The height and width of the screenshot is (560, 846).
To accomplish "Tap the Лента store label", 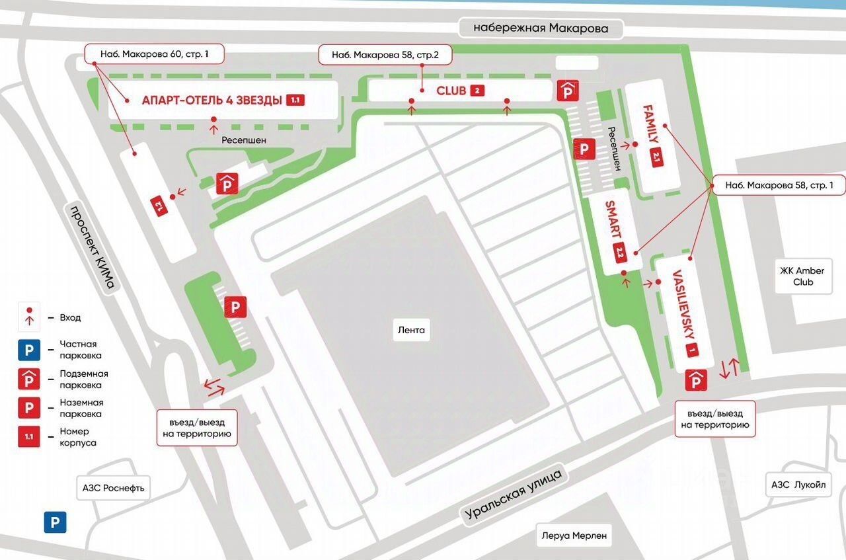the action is coord(411,329).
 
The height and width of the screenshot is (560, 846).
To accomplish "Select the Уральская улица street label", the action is coord(513,495).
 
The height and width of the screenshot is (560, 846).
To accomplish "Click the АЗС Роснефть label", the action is coord(113,489).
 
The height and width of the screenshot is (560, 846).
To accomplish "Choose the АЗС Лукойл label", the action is coord(798,485).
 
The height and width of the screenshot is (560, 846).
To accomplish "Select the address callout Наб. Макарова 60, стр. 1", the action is coord(154,54).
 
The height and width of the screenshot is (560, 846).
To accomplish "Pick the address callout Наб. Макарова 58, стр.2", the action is coord(385,55).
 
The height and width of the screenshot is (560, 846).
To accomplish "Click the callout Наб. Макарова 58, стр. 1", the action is coord(779,186).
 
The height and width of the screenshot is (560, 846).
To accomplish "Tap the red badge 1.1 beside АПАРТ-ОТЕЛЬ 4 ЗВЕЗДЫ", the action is coord(295,100).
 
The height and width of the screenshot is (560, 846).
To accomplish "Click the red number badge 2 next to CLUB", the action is coord(477,91).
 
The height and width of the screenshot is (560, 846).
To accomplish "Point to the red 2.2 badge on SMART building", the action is coord(620,253).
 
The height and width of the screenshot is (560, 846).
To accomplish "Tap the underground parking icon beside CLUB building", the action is coord(568,91).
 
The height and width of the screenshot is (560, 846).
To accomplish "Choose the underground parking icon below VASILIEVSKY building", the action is coord(695,380).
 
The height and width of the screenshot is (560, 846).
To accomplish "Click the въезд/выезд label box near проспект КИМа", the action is coord(196,428).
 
